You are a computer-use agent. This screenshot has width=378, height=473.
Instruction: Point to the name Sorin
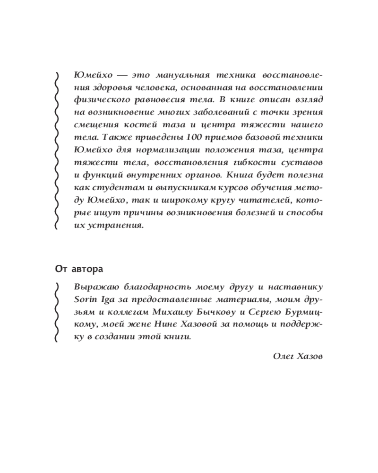pos(86,300)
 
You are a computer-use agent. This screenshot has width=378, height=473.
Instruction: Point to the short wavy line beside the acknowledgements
pos(57,312)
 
